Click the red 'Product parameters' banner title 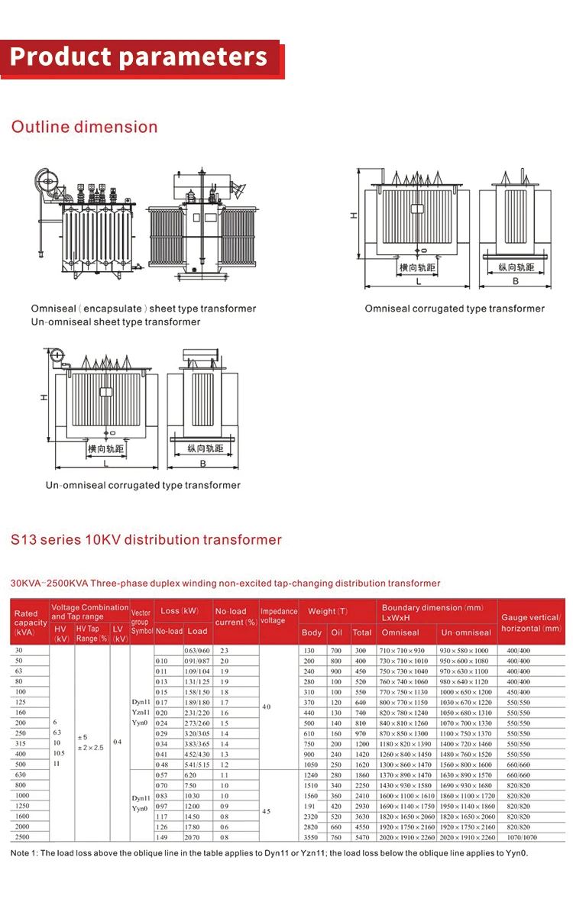[139, 57]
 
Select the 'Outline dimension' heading [84, 127]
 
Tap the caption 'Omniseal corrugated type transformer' [455, 309]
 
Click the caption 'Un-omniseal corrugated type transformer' [143, 485]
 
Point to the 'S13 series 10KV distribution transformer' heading [146, 540]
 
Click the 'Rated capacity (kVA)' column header [30, 623]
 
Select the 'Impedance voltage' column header [279, 616]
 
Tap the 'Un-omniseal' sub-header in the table [466, 632]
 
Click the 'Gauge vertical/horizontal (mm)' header [531, 623]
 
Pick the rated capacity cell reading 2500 [21, 837]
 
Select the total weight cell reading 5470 [361, 837]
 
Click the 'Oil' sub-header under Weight [336, 632]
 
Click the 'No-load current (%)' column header [235, 616]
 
